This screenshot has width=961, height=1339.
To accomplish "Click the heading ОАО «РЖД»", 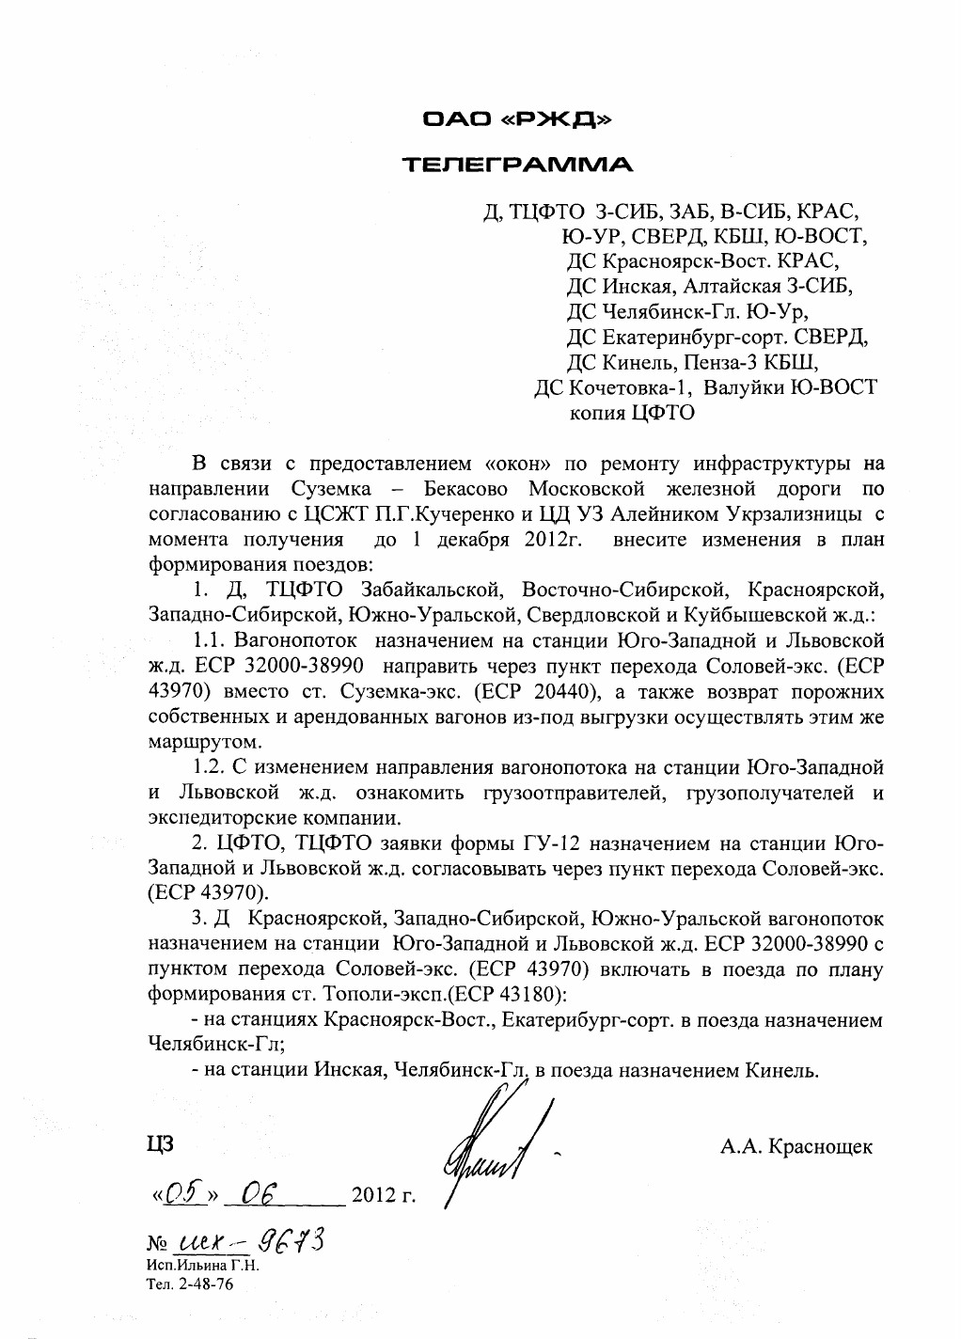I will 517,119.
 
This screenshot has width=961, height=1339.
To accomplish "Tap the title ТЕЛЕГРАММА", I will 518,165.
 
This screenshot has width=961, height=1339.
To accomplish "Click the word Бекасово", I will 466,489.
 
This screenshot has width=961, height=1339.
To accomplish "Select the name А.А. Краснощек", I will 796,1146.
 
